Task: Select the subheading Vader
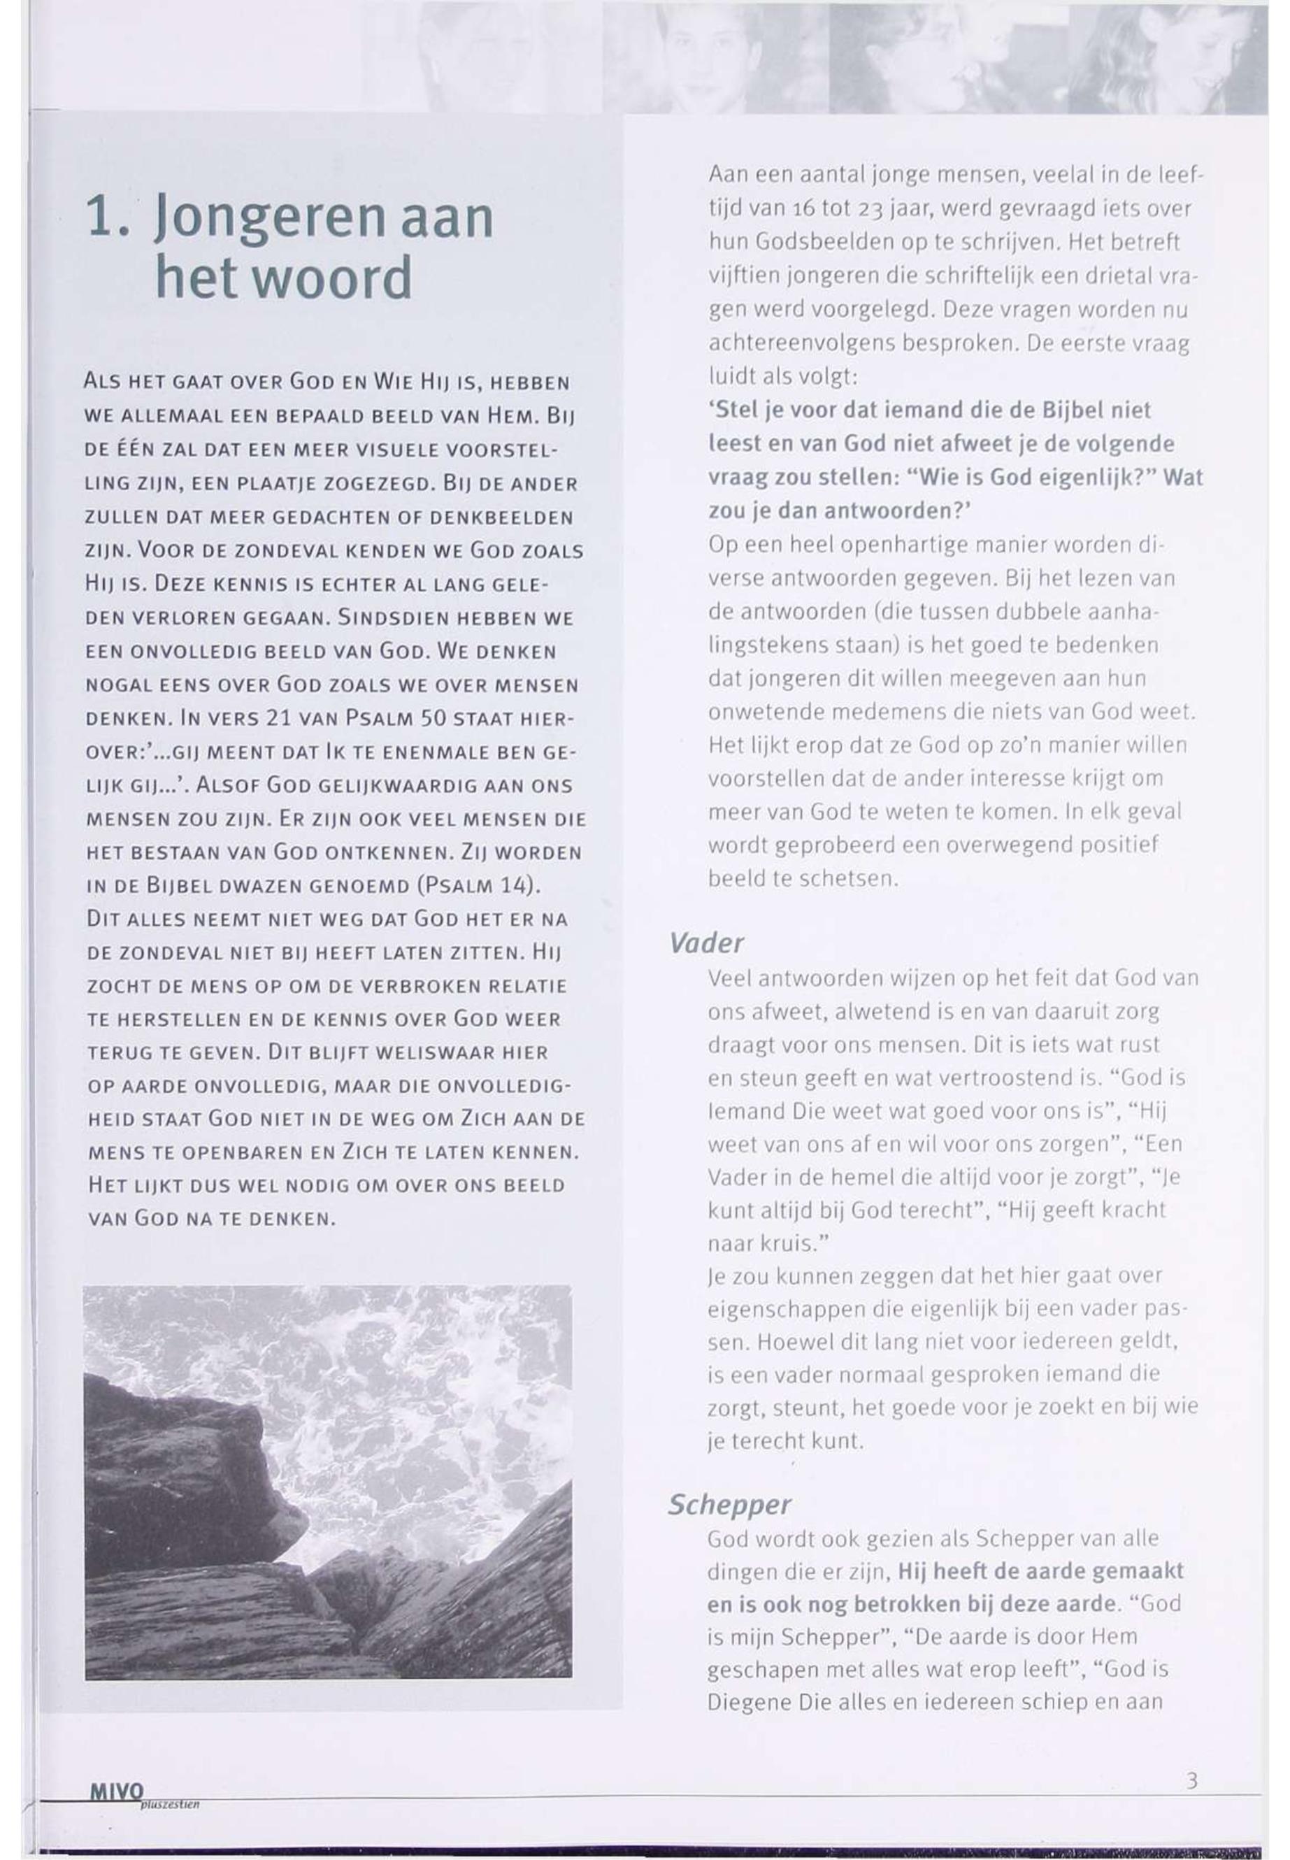[x=705, y=943]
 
